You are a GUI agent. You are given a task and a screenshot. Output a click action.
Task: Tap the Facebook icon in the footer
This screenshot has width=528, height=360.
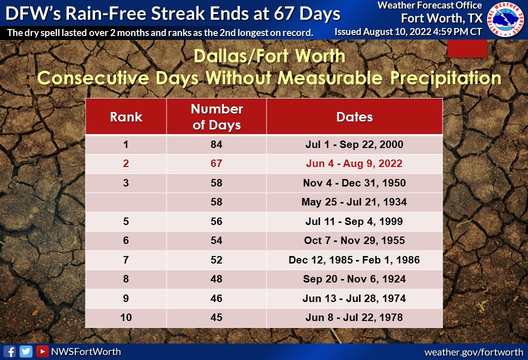[9, 351]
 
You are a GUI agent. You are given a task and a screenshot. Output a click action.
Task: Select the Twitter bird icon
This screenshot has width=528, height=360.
[26, 351]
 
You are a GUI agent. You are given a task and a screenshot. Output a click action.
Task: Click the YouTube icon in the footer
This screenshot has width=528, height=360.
[42, 351]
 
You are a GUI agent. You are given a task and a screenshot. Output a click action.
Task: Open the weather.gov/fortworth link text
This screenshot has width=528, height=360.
[473, 352]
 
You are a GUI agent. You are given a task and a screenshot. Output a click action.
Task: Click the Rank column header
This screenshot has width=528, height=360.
[126, 117]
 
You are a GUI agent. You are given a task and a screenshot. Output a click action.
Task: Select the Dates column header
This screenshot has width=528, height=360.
[354, 117]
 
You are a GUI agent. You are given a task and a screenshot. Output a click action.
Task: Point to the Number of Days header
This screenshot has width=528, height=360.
[216, 117]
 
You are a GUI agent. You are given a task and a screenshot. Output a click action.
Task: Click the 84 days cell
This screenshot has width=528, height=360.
[216, 145]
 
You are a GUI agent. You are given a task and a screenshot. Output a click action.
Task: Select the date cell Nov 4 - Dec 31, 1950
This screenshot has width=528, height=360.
[354, 183]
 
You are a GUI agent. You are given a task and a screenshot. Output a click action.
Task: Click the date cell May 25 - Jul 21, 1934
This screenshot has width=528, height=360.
[354, 202]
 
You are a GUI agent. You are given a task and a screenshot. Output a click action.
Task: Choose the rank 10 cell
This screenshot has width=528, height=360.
[126, 317]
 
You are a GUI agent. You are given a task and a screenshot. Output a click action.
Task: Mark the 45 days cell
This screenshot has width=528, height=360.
[216, 317]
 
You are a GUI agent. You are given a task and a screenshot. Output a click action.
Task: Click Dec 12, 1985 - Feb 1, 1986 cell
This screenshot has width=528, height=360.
[354, 260]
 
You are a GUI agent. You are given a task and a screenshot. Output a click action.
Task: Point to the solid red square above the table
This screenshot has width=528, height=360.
[467, 48]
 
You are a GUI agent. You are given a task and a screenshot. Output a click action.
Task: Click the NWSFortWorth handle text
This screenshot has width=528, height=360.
[86, 351]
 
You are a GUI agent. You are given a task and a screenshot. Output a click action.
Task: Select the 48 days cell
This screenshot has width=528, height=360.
[216, 279]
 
